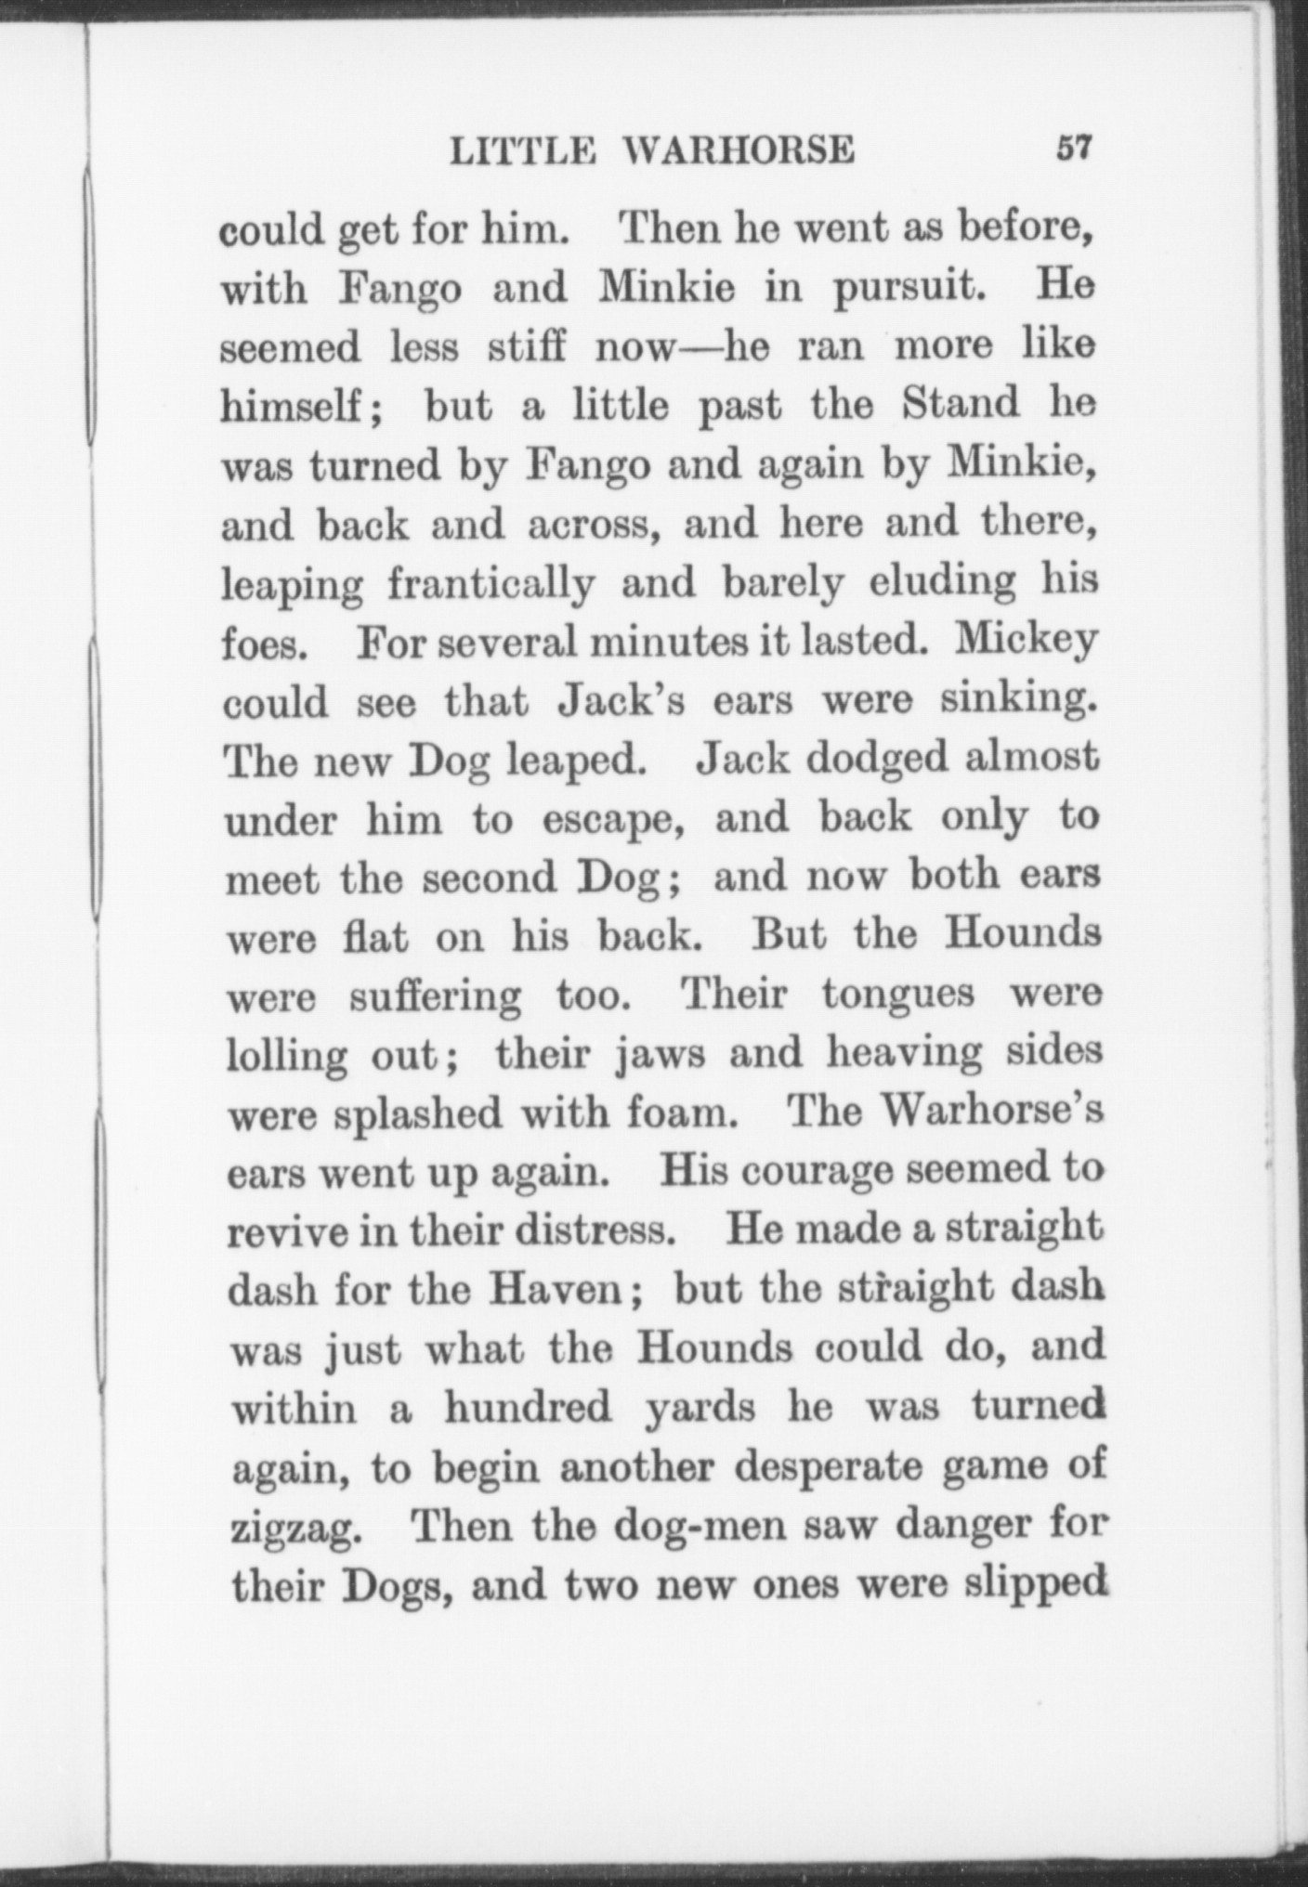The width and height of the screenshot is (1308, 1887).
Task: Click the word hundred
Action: (x=527, y=1408)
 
